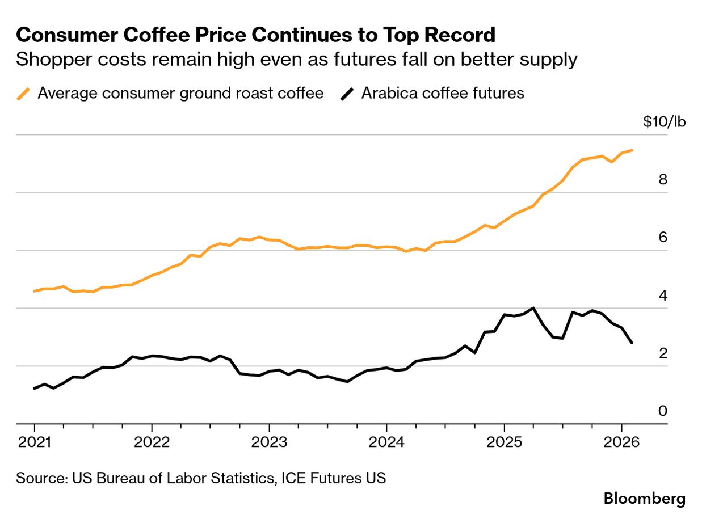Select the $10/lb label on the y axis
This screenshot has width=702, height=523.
tap(664, 122)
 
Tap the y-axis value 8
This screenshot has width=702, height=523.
tap(663, 180)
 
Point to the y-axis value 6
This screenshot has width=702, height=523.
tap(663, 238)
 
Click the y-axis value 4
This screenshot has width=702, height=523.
tap(663, 296)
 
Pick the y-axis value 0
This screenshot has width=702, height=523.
tap(663, 411)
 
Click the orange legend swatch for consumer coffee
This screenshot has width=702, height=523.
tap(24, 94)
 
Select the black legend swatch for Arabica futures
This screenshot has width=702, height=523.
tap(347, 94)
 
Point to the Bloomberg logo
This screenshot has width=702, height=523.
tap(645, 499)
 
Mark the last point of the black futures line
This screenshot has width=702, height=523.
tap(632, 343)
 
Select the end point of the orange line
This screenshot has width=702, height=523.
tap(632, 150)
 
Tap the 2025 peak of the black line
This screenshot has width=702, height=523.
tap(533, 308)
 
